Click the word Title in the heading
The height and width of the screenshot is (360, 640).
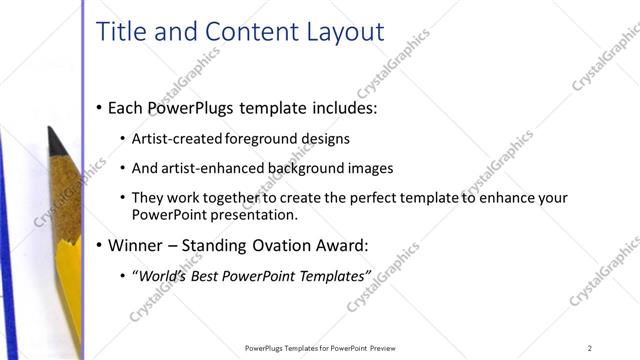tap(121, 31)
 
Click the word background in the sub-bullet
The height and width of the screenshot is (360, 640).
tap(290, 168)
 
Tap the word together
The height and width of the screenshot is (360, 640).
tap(239, 198)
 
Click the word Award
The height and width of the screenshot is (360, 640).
tap(341, 244)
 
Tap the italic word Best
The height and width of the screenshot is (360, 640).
tap(211, 274)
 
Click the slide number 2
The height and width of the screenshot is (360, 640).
tap(590, 348)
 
